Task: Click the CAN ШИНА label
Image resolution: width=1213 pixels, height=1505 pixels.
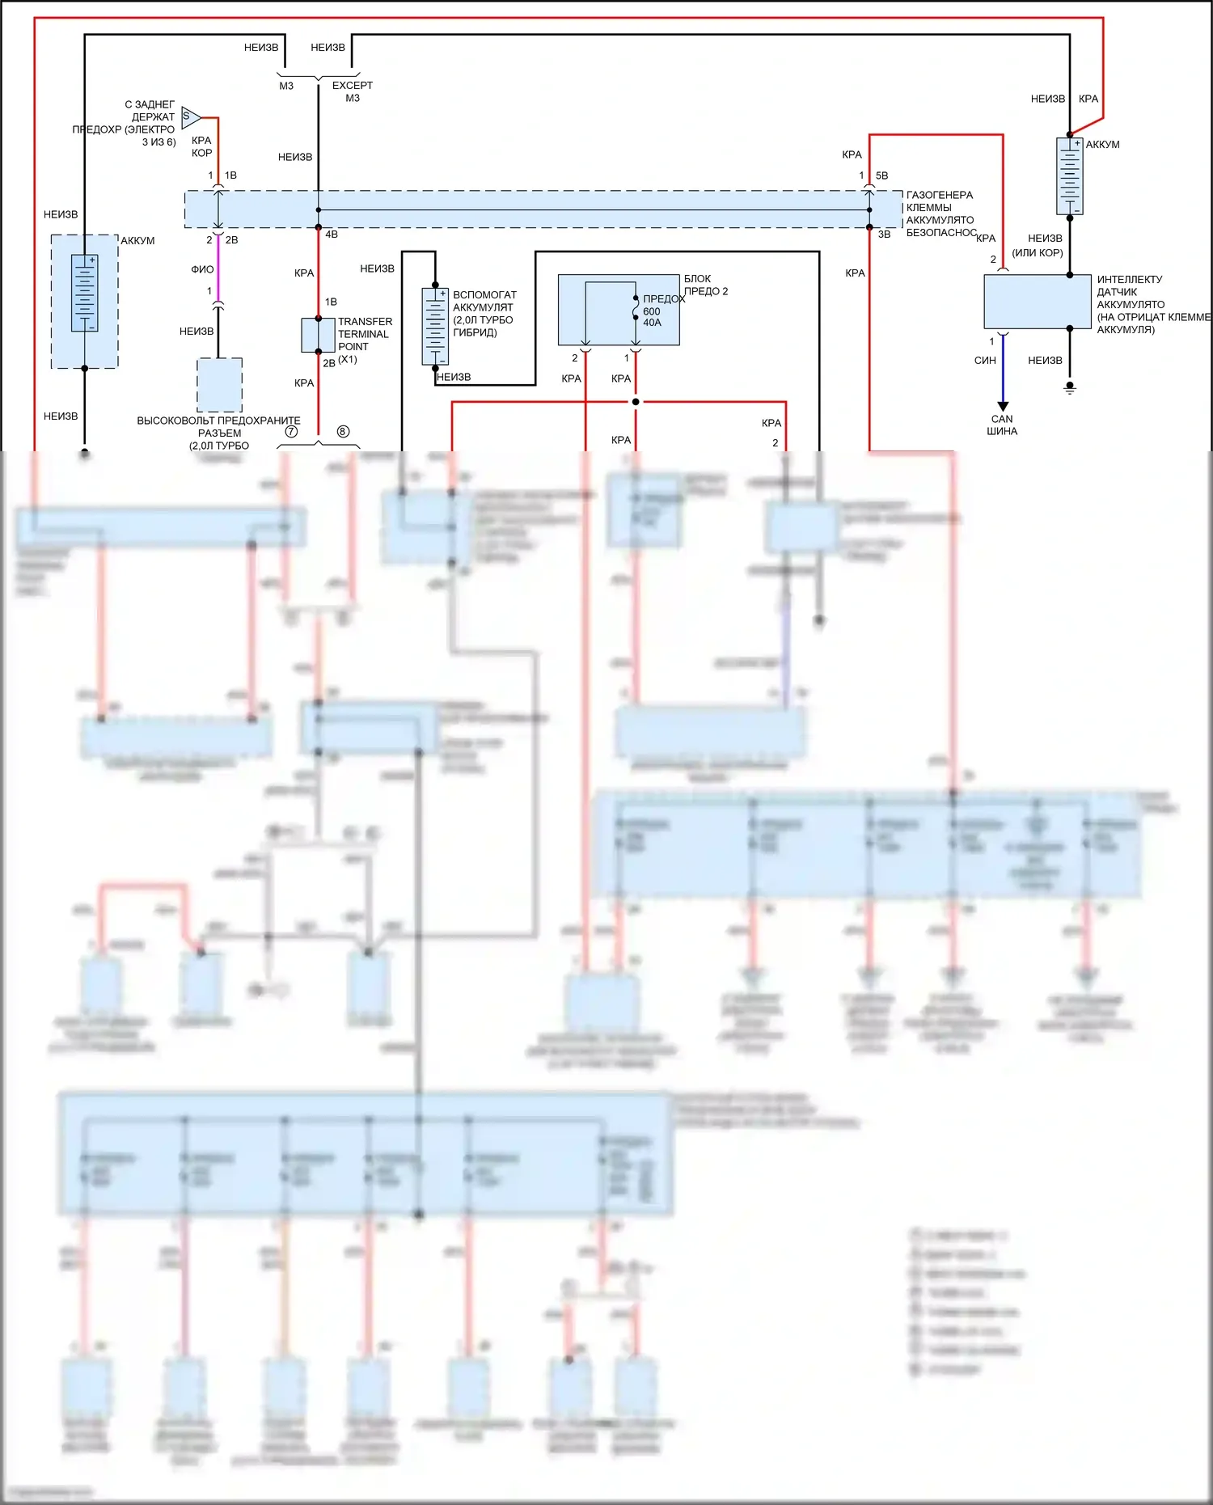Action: (1002, 425)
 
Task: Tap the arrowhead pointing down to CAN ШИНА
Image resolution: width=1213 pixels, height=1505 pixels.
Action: (1003, 406)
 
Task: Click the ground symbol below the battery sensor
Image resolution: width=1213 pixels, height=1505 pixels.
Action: (1070, 389)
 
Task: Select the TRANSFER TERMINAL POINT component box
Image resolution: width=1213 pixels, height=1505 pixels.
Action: (318, 335)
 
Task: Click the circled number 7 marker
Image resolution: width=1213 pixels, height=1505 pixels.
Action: (291, 432)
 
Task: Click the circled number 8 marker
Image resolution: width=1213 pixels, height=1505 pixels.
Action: (343, 432)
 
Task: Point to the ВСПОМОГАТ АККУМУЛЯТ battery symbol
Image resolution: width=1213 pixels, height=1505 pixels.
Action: (435, 327)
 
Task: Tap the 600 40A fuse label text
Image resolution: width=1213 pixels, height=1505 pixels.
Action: (652, 317)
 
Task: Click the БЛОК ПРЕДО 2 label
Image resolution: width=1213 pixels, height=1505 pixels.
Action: (705, 285)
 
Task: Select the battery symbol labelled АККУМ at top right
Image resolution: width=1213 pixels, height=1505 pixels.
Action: (1070, 176)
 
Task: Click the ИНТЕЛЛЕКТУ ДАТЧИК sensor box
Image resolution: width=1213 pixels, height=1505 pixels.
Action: (1038, 302)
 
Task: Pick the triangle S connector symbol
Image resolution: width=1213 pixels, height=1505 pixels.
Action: (191, 117)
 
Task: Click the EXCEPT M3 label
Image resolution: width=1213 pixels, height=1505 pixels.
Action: (353, 91)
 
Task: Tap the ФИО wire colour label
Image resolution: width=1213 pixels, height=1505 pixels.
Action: (202, 269)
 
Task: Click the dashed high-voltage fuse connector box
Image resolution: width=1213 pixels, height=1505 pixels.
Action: (220, 385)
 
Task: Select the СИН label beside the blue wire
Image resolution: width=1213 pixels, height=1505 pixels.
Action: (985, 361)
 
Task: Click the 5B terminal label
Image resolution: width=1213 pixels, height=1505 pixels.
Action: (881, 175)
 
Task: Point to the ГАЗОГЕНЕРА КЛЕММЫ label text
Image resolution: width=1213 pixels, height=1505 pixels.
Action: (940, 201)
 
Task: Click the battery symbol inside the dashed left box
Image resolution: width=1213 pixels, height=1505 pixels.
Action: (84, 293)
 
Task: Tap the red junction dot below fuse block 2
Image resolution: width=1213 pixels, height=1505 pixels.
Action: (636, 402)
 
